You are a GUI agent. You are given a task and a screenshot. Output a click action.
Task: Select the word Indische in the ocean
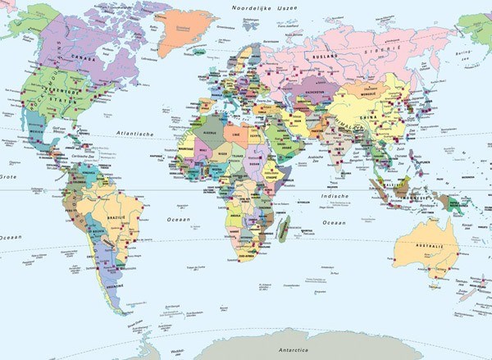(335, 197)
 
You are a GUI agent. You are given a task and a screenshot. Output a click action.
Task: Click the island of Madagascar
(283, 228)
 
